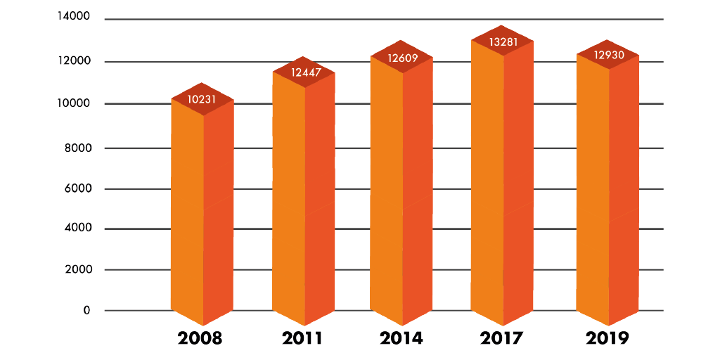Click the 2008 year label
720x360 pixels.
[200, 338]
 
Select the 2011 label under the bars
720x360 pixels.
[302, 338]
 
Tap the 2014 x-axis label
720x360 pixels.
[401, 338]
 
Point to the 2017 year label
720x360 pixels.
[502, 338]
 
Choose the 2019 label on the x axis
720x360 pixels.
[607, 338]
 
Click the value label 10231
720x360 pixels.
[202, 99]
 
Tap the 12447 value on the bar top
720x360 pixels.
[303, 72]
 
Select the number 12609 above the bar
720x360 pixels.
[402, 57]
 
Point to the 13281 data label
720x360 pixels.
[503, 41]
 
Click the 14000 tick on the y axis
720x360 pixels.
[74, 16]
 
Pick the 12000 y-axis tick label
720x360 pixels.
[74, 61]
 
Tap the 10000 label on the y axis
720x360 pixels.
[74, 103]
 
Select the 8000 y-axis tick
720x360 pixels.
[77, 148]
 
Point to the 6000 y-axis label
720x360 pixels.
[77, 188]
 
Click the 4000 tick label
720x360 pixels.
[77, 228]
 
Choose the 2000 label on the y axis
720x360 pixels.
[77, 269]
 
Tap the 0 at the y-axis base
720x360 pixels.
[87, 310]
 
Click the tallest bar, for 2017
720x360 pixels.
[502, 183]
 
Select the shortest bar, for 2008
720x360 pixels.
[202, 211]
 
